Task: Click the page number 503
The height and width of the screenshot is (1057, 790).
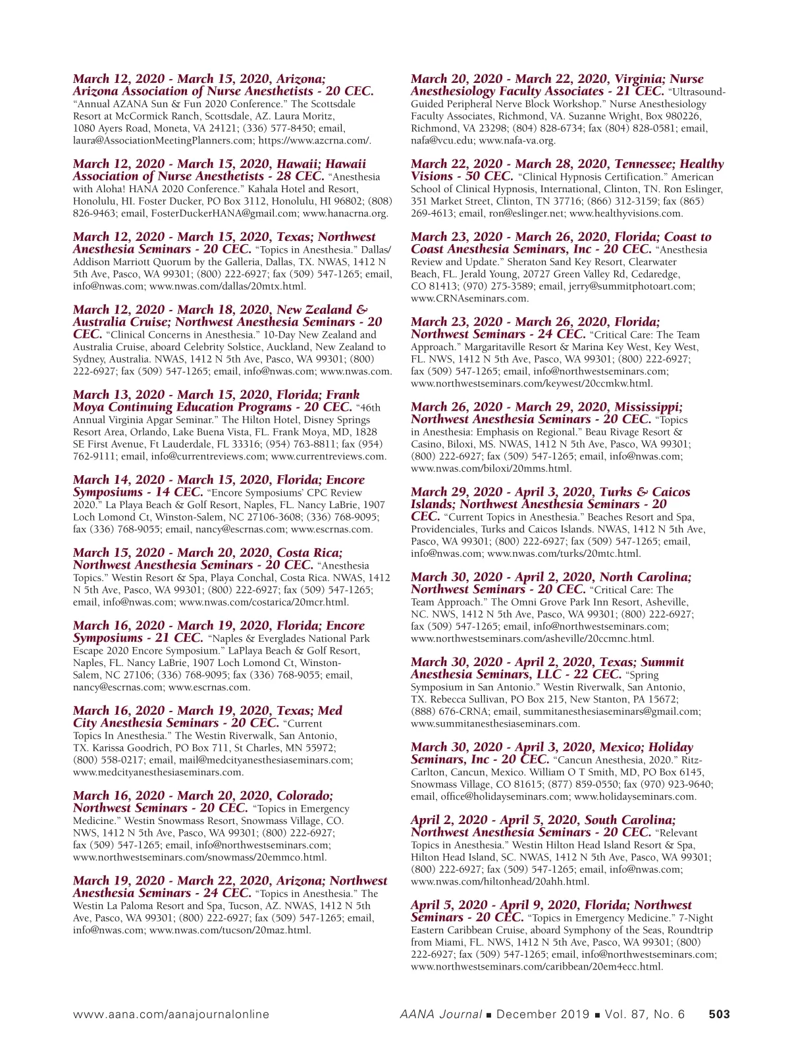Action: pyautogui.click(x=719, y=1014)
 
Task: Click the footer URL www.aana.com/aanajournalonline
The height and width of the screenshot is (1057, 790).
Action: pyautogui.click(x=171, y=1014)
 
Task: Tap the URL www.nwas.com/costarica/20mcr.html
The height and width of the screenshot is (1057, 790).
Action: pyautogui.click(x=263, y=602)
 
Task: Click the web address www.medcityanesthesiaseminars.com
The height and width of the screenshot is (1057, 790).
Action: pyautogui.click(x=158, y=772)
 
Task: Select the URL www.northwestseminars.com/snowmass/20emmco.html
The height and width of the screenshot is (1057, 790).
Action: pyautogui.click(x=199, y=857)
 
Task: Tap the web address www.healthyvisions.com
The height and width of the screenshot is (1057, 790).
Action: pyautogui.click(x=625, y=213)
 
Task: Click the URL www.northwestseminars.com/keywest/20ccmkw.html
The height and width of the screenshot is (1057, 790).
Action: pyautogui.click(x=532, y=383)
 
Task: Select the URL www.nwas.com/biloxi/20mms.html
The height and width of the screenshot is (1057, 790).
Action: pyautogui.click(x=491, y=469)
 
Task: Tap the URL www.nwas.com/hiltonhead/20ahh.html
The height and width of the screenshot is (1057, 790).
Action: pyautogui.click(x=500, y=881)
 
